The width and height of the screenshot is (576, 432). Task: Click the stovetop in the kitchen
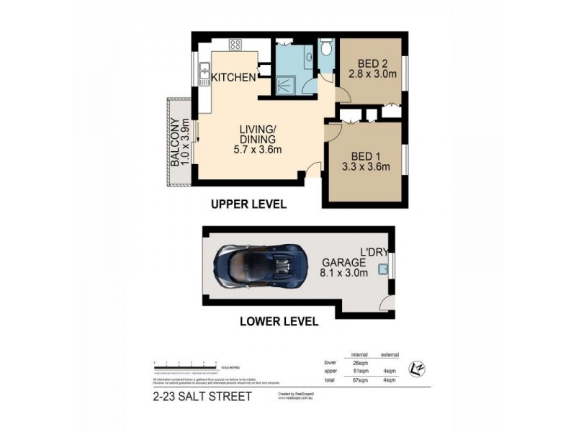(x=235, y=45)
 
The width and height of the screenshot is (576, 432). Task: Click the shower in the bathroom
(x=286, y=81)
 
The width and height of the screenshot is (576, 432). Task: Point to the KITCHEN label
(x=233, y=78)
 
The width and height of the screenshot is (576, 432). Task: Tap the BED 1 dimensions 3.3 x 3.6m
(x=366, y=168)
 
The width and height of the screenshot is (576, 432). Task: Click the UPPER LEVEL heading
(x=248, y=204)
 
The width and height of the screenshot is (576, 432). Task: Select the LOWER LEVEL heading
(x=279, y=322)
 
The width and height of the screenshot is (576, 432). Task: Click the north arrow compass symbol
(x=415, y=369)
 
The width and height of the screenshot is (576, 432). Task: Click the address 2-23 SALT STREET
(x=202, y=397)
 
